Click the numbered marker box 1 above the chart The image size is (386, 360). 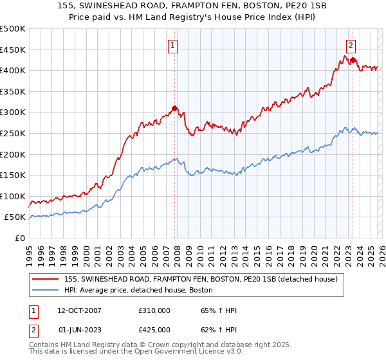(174, 45)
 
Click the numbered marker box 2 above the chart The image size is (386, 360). (351, 45)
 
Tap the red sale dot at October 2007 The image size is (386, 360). (174, 108)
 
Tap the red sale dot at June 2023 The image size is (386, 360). (353, 60)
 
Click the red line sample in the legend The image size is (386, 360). (46, 278)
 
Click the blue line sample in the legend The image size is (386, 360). (46, 290)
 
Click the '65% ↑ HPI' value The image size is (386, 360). (218, 310)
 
